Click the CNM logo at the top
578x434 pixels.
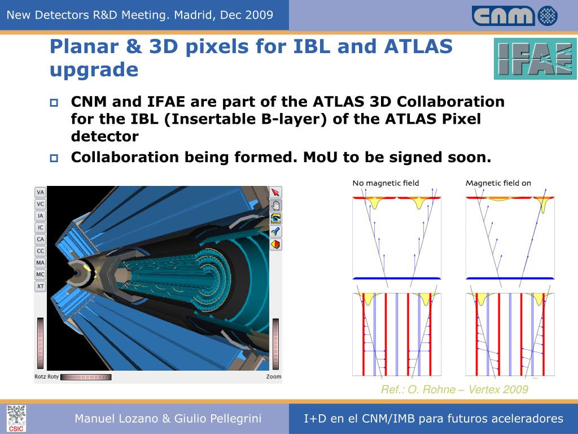(515, 16)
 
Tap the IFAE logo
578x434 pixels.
(535, 59)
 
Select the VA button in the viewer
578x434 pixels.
(40, 192)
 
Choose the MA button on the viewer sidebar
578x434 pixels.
(40, 263)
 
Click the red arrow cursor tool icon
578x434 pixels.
(275, 192)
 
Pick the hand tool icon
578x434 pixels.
(275, 205)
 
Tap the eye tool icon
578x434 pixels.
(275, 219)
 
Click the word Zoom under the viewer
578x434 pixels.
(274, 377)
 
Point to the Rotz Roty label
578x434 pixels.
(46, 377)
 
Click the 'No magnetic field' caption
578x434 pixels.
(386, 183)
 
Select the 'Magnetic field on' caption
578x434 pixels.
(498, 183)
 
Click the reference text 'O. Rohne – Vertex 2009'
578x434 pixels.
(468, 389)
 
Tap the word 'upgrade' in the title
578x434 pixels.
(94, 70)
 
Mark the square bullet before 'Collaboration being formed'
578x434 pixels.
(54, 158)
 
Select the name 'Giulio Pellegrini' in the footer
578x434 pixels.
(218, 419)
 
